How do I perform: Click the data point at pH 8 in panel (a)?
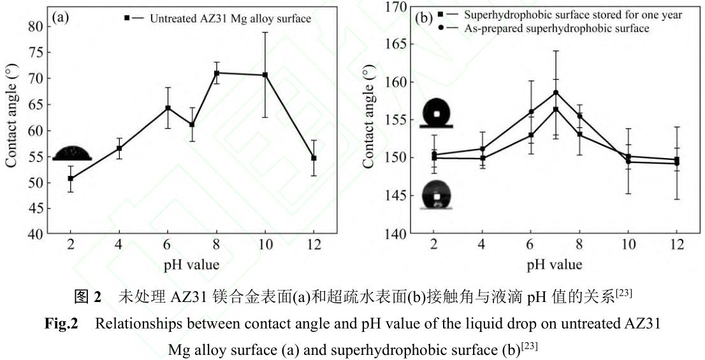click(217, 73)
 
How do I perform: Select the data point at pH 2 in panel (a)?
click(70, 178)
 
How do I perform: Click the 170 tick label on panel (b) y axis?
click(393, 7)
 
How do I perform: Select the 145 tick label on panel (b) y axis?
click(393, 196)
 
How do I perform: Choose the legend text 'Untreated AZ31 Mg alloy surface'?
click(230, 18)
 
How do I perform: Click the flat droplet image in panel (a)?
click(72, 154)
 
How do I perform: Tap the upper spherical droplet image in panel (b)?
click(436, 113)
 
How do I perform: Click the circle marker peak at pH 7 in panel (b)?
click(556, 92)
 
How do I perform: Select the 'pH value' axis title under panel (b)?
click(555, 263)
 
